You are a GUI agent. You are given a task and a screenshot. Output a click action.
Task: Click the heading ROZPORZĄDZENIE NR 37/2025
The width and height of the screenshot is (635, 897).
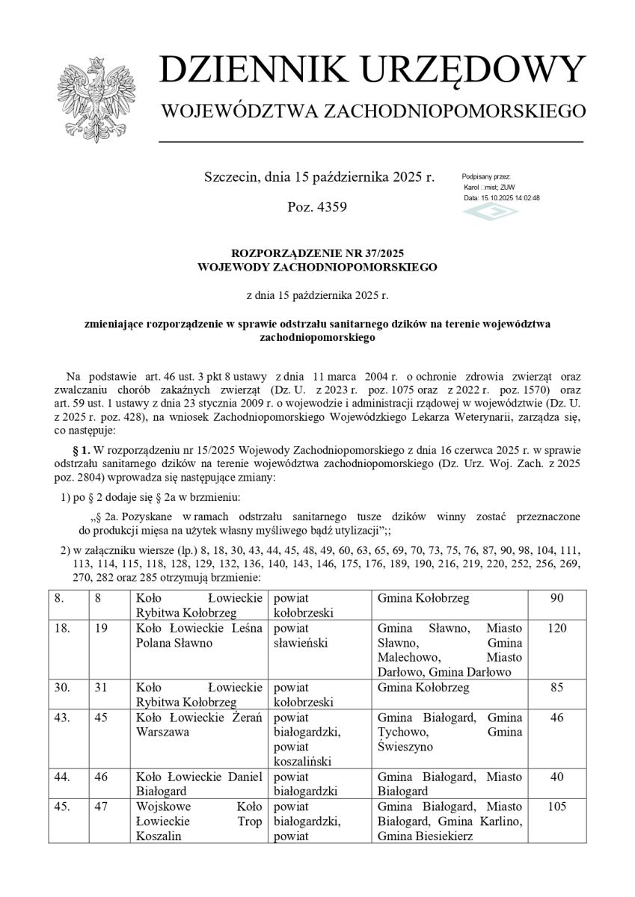(x=317, y=253)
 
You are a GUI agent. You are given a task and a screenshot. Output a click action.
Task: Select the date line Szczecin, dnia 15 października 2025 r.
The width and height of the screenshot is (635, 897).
(x=319, y=177)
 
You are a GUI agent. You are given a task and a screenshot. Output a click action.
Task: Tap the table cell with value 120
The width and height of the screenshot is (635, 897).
(x=556, y=628)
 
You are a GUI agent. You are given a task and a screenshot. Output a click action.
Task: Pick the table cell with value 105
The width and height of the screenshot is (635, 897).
(x=556, y=807)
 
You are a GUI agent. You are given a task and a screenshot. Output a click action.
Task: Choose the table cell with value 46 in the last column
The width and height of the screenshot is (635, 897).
(x=556, y=718)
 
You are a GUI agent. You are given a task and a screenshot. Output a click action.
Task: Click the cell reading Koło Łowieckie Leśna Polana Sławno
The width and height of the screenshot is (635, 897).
(x=198, y=635)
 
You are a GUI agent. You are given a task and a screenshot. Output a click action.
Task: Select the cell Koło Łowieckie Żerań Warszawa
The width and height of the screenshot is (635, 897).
(x=198, y=725)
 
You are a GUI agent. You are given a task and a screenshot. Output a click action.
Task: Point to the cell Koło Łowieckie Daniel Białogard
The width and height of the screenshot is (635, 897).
(x=198, y=784)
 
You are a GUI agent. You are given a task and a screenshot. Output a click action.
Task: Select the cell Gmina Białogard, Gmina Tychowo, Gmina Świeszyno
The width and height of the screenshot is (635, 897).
(x=450, y=733)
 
